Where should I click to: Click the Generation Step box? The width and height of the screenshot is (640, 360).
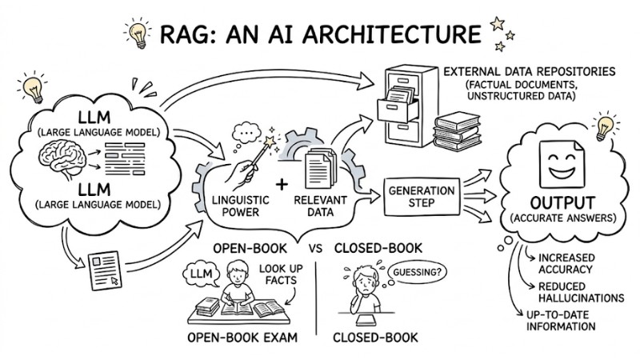click(x=421, y=196)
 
